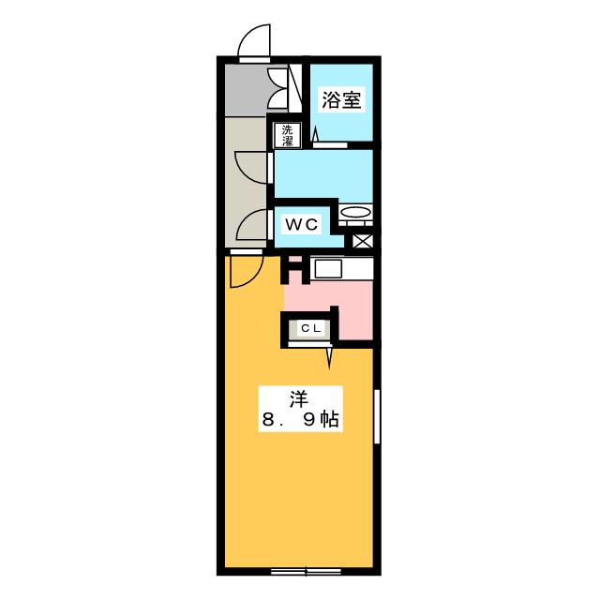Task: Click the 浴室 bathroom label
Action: point(341,100)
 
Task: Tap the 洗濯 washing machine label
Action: point(287,135)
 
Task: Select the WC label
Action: point(302,225)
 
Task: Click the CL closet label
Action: point(310,328)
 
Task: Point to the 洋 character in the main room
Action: point(299,400)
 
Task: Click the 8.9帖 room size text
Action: point(300,420)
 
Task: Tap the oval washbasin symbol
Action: point(355,213)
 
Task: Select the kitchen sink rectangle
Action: point(328,269)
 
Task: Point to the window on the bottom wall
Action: point(306,572)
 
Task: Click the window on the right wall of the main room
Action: point(377,416)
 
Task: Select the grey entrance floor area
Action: point(246,90)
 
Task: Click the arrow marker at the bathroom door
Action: point(315,135)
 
